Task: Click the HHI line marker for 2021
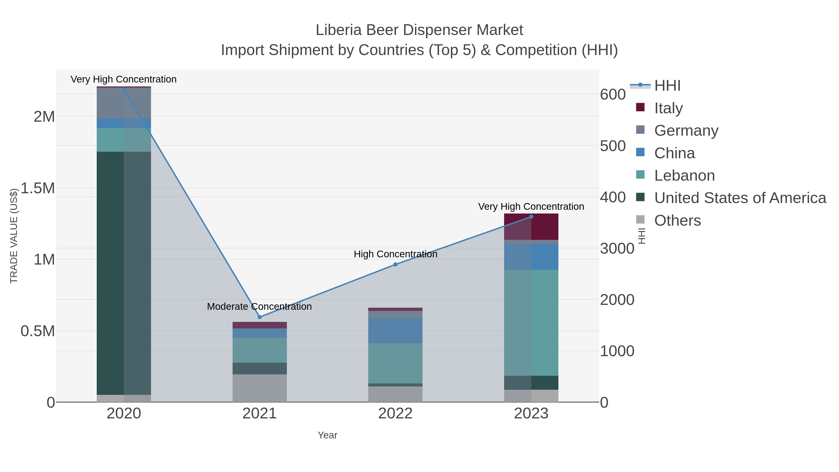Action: tap(260, 317)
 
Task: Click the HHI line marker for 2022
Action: tap(395, 265)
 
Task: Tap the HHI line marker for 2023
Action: tap(531, 217)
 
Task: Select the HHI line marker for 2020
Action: tap(124, 89)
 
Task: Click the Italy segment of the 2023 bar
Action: tap(531, 227)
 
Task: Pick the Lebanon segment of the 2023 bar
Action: tap(531, 323)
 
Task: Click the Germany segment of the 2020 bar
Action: tap(124, 103)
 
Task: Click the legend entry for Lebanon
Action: tap(684, 176)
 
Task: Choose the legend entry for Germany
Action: tap(686, 131)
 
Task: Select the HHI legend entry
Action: tap(667, 86)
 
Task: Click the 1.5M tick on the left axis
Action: tap(38, 188)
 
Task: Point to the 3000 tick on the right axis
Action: tap(617, 248)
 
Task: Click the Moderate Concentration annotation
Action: tap(260, 307)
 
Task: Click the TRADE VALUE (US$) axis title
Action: tap(14, 236)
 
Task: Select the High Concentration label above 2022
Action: tap(395, 254)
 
